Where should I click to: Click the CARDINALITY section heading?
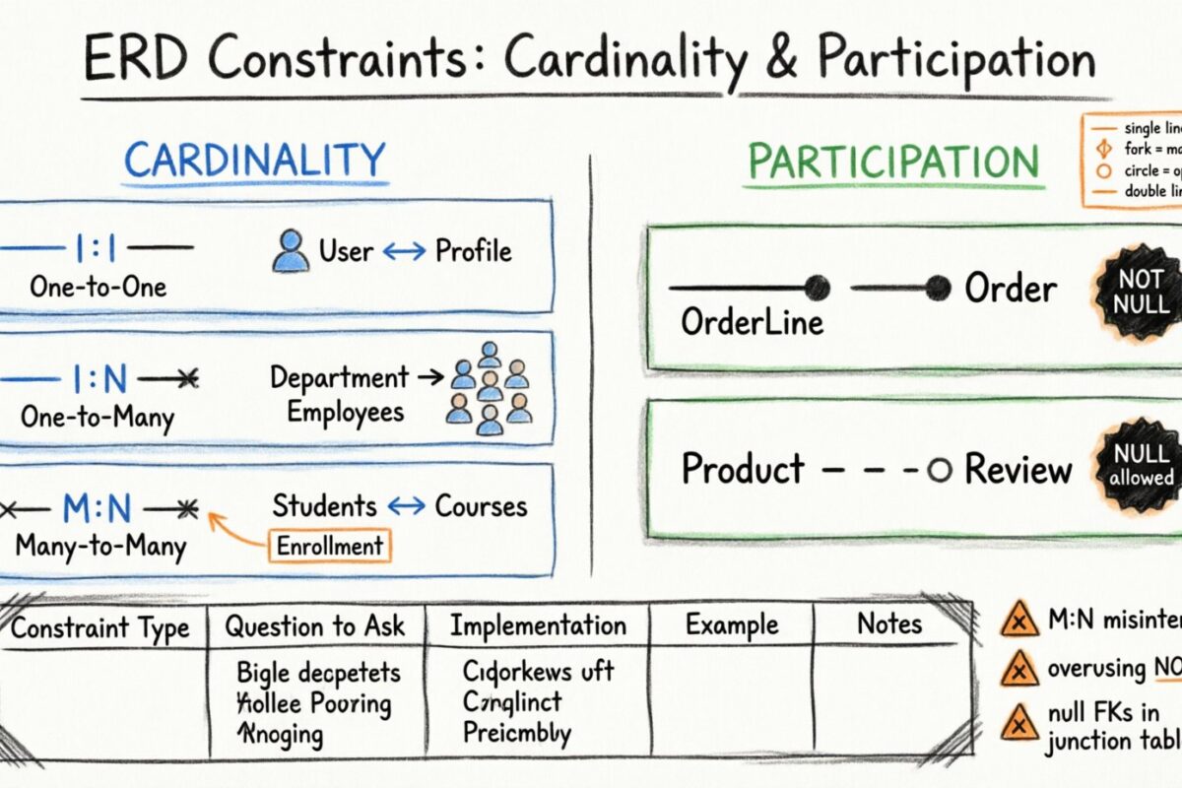coord(254,161)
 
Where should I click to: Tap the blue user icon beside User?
coord(290,251)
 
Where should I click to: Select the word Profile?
coord(474,251)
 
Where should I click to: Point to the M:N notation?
coord(97,508)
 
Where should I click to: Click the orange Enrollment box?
coord(329,546)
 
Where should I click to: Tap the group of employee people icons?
coord(489,388)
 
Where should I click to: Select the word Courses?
coord(481,506)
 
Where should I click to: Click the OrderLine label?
coord(752,322)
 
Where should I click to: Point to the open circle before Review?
coord(940,471)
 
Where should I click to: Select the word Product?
coord(743,469)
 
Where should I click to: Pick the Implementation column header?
coord(538,625)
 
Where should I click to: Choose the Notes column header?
coord(888,624)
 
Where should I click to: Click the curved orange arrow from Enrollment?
coord(236,529)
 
